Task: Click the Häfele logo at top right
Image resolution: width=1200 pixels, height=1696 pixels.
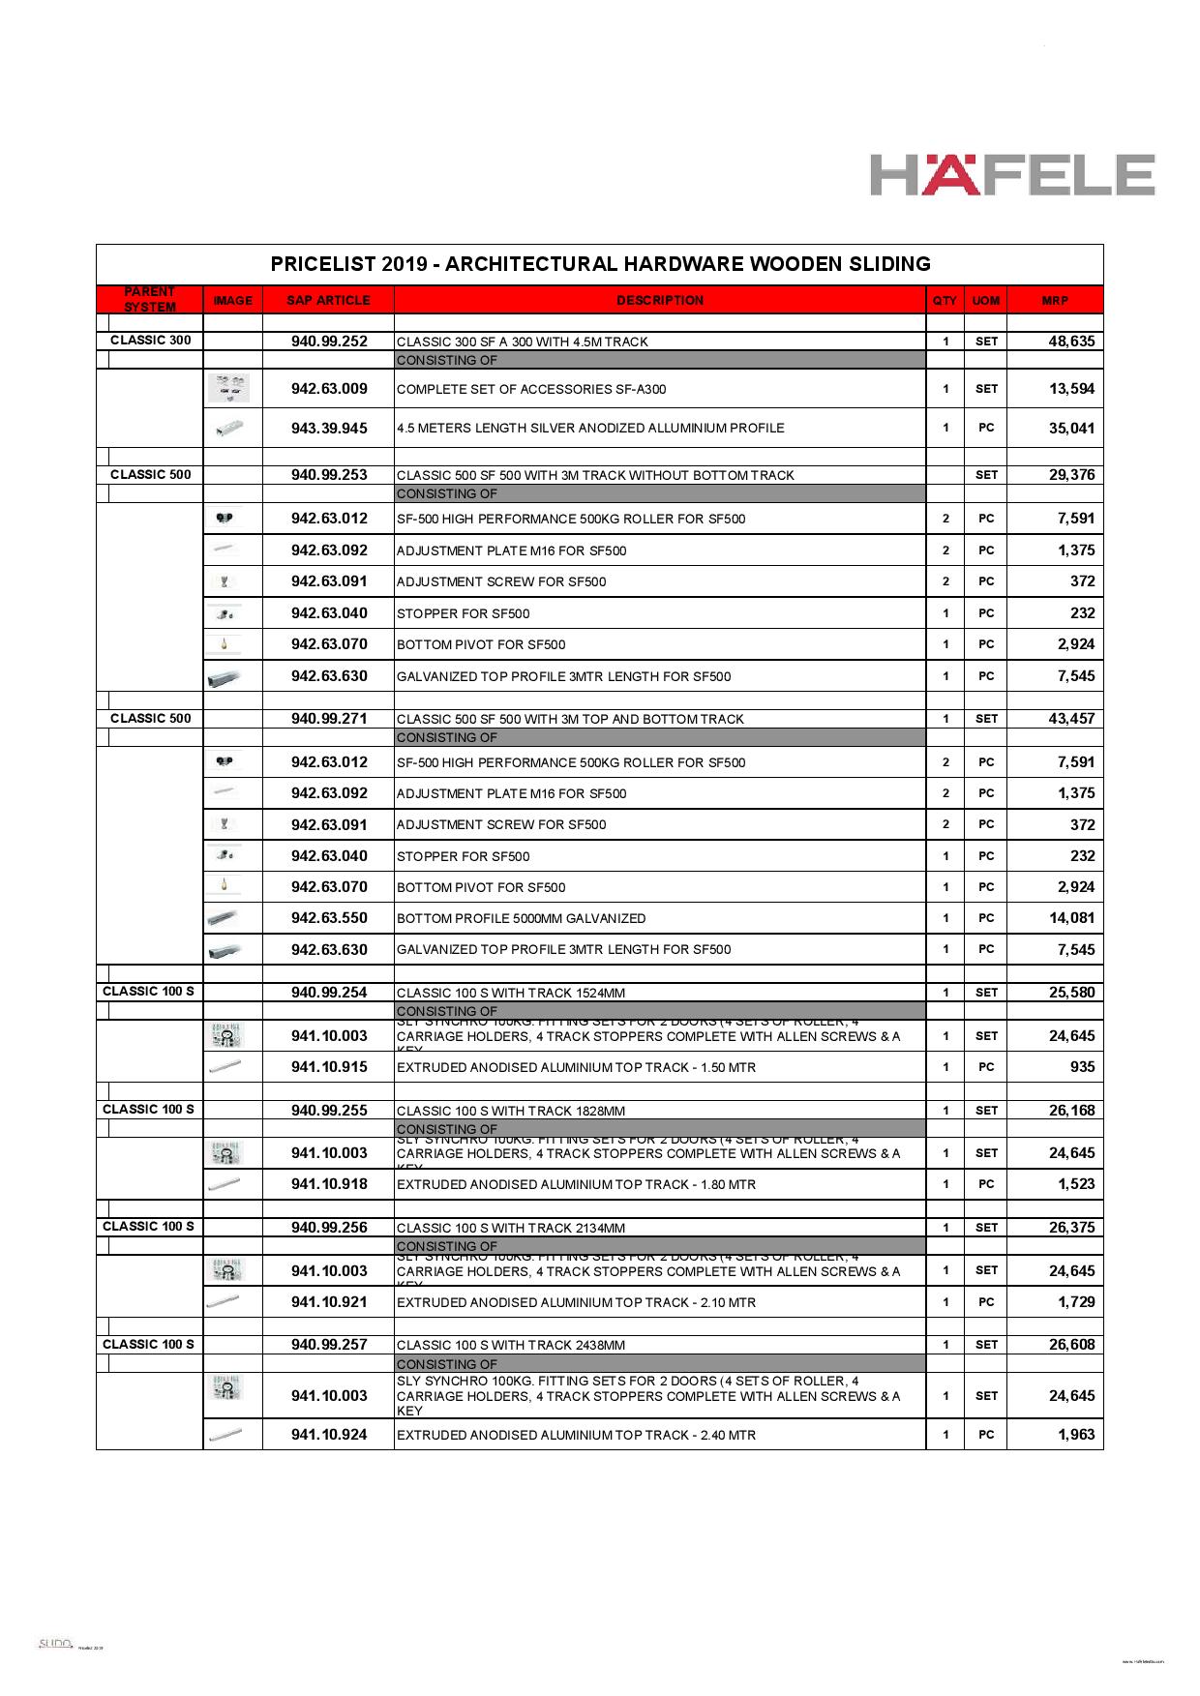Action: point(1011,175)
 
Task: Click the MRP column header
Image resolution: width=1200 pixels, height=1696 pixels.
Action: point(1055,301)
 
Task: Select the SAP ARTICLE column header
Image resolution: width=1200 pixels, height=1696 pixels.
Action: point(328,301)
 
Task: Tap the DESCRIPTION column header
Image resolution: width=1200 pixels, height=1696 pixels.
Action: point(660,301)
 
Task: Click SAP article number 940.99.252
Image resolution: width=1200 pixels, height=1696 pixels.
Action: point(329,342)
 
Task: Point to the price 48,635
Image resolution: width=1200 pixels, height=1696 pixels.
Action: point(1071,342)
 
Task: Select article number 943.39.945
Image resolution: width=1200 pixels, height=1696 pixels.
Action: point(329,429)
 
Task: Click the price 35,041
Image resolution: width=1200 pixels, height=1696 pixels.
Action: point(1071,429)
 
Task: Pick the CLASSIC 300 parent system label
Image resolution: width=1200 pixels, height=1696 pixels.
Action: point(150,341)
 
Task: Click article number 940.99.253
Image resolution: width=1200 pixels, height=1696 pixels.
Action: point(329,475)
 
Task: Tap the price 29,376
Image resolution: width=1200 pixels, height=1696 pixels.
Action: point(1071,475)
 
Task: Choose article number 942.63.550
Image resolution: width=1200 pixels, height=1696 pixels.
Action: point(329,918)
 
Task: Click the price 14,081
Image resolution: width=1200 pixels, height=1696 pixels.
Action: point(1071,918)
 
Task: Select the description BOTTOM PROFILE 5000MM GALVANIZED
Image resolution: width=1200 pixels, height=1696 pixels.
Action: point(521,919)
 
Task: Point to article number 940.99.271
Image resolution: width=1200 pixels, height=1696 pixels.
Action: point(329,719)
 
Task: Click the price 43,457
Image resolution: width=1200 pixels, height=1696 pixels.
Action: point(1071,719)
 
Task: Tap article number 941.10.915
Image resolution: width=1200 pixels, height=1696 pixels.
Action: point(329,1067)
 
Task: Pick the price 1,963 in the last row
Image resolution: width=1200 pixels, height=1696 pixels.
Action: point(1076,1435)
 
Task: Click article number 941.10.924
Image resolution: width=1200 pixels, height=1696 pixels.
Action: point(329,1435)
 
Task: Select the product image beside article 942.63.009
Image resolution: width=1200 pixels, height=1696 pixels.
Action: point(229,388)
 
